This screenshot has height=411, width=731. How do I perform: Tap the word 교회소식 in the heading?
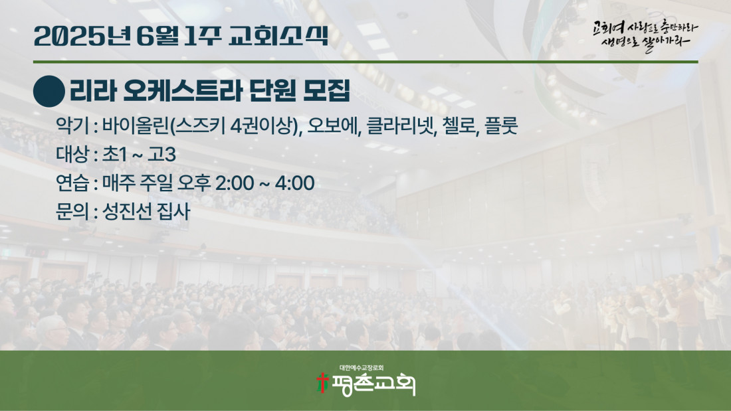[x=278, y=36]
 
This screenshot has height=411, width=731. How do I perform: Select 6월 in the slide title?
[x=157, y=36]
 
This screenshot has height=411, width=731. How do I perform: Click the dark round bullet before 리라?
[x=49, y=92]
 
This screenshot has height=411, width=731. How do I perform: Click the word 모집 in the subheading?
[x=326, y=90]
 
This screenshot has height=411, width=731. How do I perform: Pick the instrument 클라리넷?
[x=401, y=125]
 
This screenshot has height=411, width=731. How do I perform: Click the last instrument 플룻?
[x=501, y=125]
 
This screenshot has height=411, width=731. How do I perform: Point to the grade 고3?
[x=161, y=155]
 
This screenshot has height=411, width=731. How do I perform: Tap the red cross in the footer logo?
[x=322, y=382]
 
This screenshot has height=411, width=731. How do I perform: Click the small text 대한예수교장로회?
[x=362, y=368]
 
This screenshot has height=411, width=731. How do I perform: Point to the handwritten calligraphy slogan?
[x=645, y=35]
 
